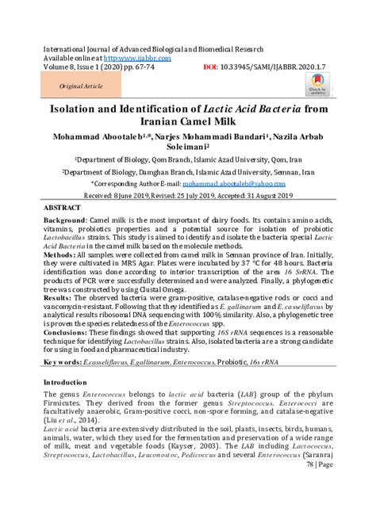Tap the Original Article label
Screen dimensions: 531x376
pyautogui.click(x=79, y=85)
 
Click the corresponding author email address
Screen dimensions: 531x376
pyautogui.click(x=242, y=181)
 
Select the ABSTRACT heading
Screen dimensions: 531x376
pyautogui.click(x=65, y=206)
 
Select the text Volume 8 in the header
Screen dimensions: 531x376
pyautogui.click(x=62, y=67)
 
